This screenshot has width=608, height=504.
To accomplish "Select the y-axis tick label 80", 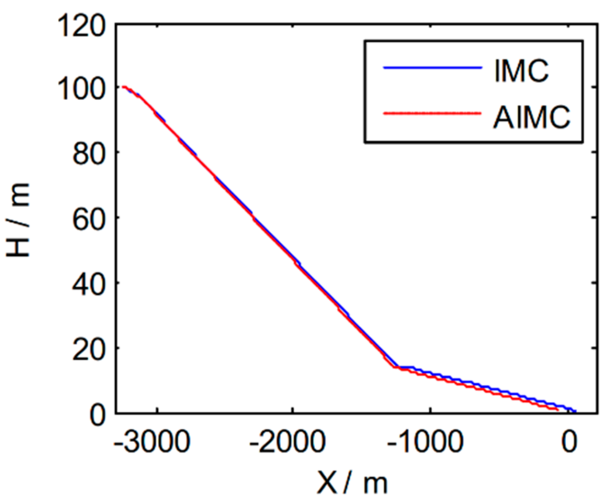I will (x=89, y=154).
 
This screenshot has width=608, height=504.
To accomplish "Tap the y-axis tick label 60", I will (x=89, y=219).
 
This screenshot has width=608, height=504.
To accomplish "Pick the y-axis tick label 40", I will (x=89, y=284).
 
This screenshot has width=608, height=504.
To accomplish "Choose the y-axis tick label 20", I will (x=89, y=350).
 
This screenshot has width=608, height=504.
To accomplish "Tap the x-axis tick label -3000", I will (x=152, y=441).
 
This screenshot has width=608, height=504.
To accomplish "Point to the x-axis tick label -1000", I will (x=426, y=441).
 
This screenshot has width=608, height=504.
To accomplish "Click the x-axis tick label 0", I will (x=569, y=441).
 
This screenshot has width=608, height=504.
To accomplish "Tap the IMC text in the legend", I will (x=521, y=70).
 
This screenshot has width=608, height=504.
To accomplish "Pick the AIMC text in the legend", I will (x=531, y=117).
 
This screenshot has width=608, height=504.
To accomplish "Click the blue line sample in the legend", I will (x=432, y=68).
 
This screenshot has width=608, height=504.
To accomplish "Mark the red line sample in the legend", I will (x=432, y=113).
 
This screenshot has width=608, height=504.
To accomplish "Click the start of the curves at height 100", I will (x=124, y=87).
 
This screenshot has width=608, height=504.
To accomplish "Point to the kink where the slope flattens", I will (x=396, y=367).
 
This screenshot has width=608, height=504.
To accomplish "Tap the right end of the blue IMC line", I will (x=575, y=411).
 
